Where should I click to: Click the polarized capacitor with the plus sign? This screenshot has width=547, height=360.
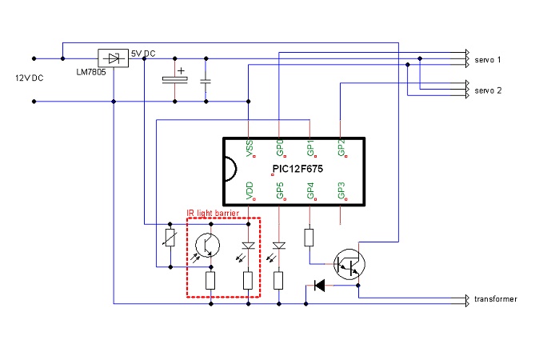pos(174,79)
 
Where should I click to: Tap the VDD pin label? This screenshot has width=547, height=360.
pos(250,191)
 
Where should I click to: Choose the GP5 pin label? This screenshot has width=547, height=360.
pos(279,191)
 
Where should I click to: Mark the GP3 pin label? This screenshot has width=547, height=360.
pos(341,191)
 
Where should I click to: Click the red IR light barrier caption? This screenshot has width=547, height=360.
pos(213,213)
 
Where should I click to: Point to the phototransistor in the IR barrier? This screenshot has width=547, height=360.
pos(206,244)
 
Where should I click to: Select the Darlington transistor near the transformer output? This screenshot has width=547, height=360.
pos(349,262)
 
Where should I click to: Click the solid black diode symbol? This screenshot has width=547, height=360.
pos(320,285)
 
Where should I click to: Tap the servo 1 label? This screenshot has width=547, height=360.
pos(488,60)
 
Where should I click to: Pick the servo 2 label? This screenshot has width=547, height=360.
pos(488,90)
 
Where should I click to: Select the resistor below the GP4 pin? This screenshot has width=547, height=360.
pos(309,237)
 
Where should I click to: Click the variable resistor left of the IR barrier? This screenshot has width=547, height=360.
pos(169,238)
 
